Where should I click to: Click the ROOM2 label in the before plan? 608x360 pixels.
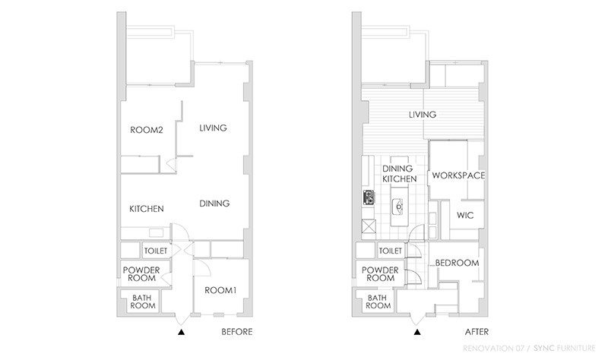146,130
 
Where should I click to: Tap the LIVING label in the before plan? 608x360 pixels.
213,128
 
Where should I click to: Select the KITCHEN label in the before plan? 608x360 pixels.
147,209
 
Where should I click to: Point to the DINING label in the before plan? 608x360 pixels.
214,204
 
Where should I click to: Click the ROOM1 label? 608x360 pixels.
220,290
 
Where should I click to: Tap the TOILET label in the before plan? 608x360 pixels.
156,251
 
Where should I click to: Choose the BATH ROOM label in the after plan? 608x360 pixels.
378,302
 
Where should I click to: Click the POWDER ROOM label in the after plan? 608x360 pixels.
381,274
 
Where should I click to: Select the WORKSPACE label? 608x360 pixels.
458,175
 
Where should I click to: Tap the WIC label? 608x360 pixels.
465,215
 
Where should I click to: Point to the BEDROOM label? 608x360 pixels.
457,263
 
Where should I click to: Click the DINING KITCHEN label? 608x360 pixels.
400,174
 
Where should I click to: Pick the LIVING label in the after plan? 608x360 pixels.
423,115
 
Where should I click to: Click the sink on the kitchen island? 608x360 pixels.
399,206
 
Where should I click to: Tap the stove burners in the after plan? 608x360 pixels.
369,197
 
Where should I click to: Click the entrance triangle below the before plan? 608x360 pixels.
181,332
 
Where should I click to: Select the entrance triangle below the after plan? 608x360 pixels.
417,332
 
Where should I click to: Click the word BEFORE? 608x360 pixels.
237,332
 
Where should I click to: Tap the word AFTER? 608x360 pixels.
477,332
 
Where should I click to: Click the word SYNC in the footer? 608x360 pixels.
544,348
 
